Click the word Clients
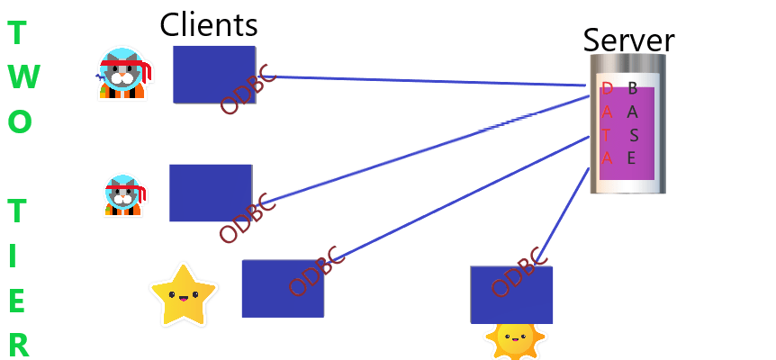[209, 24]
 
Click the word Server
[628, 40]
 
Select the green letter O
[21, 122]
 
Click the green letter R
[19, 346]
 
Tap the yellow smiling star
[184, 295]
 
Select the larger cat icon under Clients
[122, 74]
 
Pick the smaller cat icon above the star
[123, 195]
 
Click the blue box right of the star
[282, 288]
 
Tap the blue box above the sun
[511, 294]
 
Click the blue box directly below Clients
[214, 74]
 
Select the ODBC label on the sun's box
[519, 271]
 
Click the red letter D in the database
[608, 88]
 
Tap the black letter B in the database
[633, 88]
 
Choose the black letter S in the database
[634, 135]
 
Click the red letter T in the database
[608, 135]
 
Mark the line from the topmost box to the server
[423, 80]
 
